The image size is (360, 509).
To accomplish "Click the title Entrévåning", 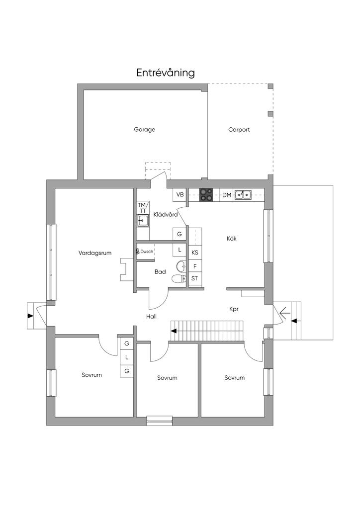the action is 166,73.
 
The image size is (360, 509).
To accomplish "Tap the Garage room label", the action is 145,130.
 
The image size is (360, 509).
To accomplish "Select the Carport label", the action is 239,130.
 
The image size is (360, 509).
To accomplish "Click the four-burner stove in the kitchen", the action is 206,195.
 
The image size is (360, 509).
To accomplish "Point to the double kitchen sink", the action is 243,194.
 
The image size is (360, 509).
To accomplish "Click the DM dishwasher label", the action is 227,195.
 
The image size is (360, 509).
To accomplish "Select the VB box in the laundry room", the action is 180,195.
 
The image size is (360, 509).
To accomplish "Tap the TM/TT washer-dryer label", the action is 143,208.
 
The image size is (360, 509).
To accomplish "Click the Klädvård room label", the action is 166,215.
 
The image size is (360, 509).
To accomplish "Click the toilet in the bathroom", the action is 179,278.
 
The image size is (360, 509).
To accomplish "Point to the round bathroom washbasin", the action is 182,266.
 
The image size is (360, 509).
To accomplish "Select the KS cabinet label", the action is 195,253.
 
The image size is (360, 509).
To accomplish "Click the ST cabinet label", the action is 194,278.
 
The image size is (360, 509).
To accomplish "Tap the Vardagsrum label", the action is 95,253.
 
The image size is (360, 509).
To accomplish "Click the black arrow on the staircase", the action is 174,331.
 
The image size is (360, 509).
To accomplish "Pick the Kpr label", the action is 234,309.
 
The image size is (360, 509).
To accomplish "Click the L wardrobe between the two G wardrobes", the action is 127,357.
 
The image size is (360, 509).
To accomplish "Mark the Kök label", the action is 231,239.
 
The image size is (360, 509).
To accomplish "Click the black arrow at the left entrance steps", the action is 30,316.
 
